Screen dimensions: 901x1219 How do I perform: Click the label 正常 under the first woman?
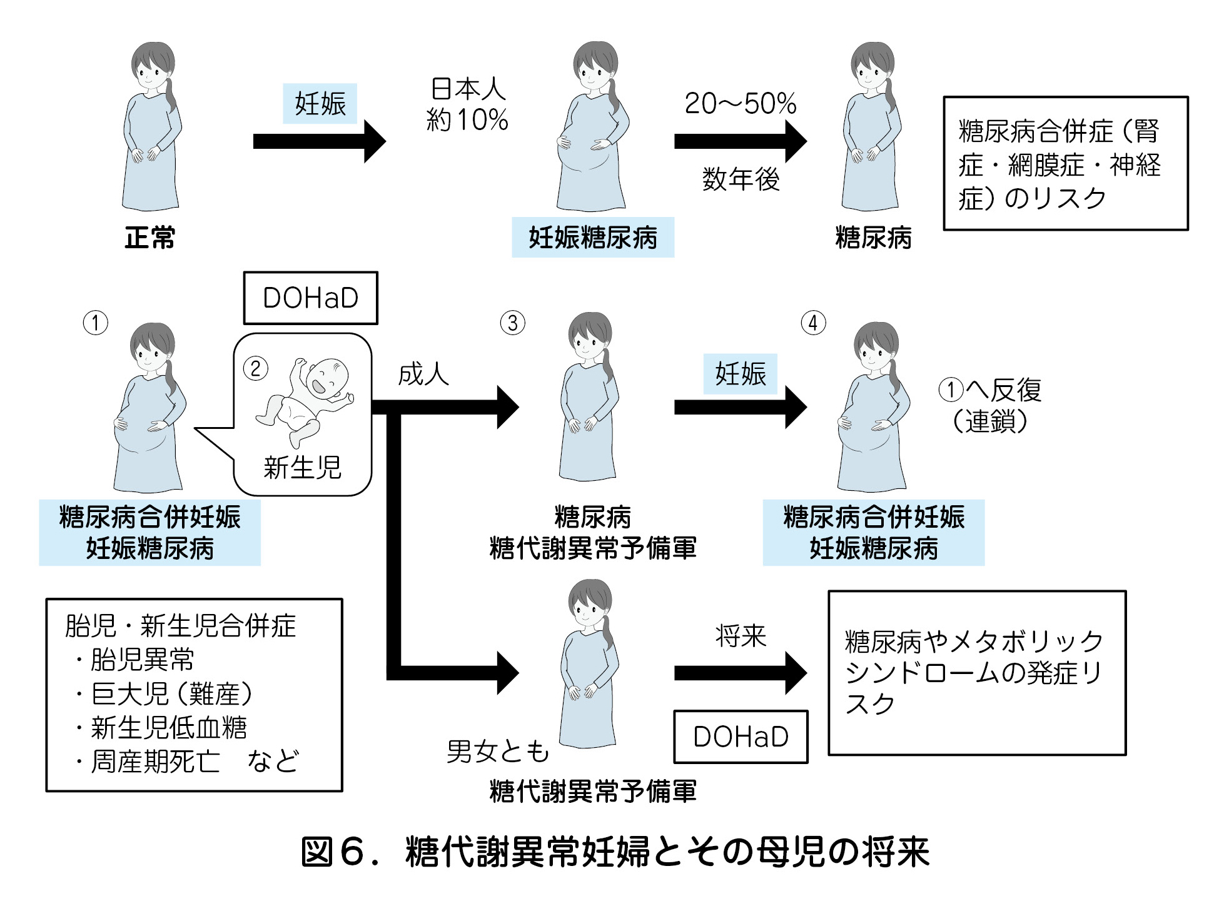pos(149,238)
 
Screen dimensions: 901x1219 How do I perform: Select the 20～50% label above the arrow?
pos(741,104)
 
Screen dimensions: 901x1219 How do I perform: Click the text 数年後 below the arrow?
pos(741,179)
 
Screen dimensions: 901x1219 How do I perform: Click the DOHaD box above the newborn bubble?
pos(310,298)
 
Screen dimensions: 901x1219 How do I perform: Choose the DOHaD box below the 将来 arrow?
pos(741,737)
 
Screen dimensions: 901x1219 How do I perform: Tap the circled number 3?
pos(512,323)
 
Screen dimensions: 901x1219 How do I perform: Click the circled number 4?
pos(813,323)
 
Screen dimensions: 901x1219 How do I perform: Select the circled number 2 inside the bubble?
pos(255,369)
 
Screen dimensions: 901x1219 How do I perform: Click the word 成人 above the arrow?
pos(423,375)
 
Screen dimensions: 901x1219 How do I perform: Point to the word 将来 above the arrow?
pos(741,637)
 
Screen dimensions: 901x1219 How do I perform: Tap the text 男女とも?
pos(498,752)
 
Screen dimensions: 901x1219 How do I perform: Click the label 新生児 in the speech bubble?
pos(302,468)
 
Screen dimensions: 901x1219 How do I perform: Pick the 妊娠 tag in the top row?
pos(320,104)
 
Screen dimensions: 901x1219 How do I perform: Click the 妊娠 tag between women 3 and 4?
pos(741,374)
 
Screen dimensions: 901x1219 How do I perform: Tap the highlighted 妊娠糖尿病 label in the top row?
pos(593,238)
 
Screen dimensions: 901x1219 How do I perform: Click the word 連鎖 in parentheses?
pos(990,421)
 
